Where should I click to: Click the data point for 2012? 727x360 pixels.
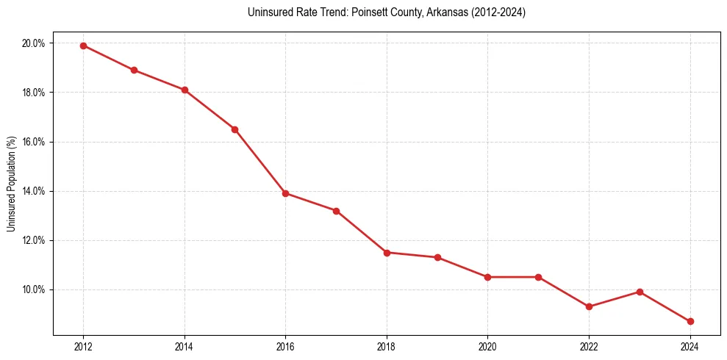point(83,46)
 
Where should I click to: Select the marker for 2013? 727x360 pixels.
point(134,70)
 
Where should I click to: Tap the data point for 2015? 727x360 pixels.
point(234,129)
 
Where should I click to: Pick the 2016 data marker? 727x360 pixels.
point(285,193)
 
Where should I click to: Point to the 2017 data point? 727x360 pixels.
point(336,211)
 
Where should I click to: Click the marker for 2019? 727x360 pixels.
point(437,257)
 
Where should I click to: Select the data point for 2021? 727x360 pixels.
point(538,277)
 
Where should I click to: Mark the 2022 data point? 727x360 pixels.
point(589,306)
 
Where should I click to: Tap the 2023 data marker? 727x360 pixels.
point(640,292)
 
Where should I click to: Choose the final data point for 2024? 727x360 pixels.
point(690,321)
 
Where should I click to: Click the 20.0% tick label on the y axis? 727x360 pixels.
point(34,43)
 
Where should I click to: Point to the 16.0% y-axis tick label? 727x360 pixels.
point(34,142)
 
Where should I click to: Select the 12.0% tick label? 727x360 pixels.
point(34,240)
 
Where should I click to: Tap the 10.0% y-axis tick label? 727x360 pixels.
point(34,289)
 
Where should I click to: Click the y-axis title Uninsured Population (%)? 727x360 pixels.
point(12,184)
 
